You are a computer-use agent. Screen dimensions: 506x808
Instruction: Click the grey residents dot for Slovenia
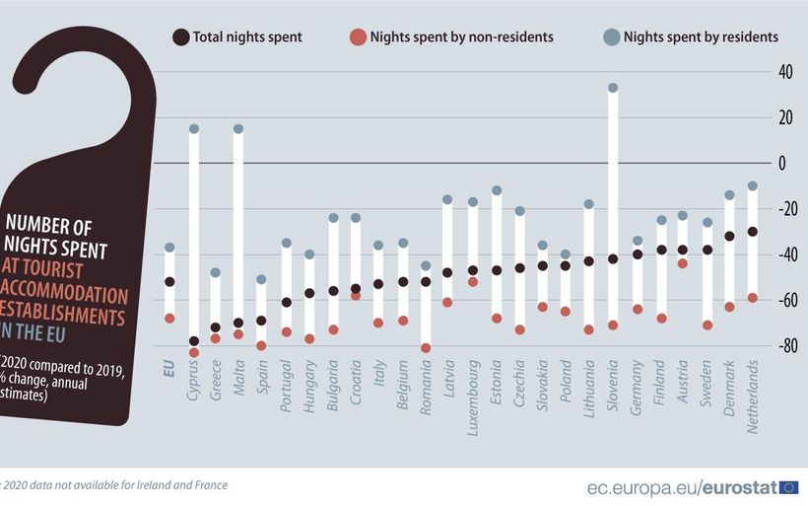[613, 88]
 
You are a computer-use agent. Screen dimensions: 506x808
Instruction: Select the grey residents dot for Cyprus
[194, 129]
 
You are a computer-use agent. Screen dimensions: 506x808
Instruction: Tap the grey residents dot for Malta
[238, 129]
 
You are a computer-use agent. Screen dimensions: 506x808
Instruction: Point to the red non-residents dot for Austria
[682, 263]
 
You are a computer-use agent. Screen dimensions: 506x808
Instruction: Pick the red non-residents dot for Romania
[426, 348]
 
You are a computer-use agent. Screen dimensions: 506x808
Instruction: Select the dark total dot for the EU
[169, 282]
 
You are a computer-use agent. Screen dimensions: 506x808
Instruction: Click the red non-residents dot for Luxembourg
[473, 282]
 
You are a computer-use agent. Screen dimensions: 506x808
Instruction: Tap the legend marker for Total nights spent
[180, 37]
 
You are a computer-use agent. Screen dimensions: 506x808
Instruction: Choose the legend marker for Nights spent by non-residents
[358, 37]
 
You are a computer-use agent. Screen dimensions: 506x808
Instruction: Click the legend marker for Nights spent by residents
[611, 37]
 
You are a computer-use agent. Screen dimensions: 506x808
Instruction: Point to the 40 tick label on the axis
[786, 72]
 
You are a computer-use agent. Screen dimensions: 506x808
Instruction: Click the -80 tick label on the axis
[786, 346]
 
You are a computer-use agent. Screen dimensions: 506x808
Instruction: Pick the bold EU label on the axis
[169, 373]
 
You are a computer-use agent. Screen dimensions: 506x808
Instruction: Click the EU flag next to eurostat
[789, 486]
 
